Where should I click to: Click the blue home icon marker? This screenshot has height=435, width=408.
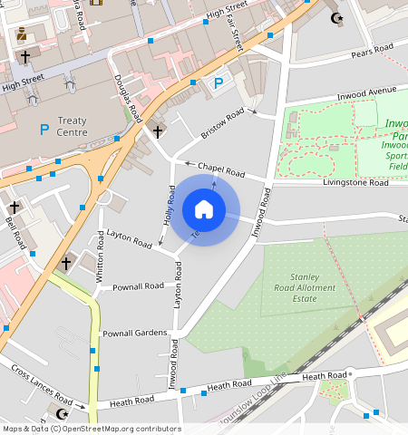tap(204, 210)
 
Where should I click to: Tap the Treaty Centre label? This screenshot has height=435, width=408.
tap(72, 127)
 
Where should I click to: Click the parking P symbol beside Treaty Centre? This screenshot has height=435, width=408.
tap(44, 130)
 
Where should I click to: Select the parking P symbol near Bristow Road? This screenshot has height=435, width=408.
tap(218, 84)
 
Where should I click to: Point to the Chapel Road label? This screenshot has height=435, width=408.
tap(222, 169)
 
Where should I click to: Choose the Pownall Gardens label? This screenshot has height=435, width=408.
tap(133, 333)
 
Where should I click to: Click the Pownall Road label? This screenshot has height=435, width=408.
tap(138, 286)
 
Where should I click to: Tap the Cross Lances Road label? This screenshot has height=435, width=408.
tap(41, 383)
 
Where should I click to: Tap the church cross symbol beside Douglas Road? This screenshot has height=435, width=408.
tap(158, 132)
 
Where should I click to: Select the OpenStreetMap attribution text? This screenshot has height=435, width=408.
tap(92, 429)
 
